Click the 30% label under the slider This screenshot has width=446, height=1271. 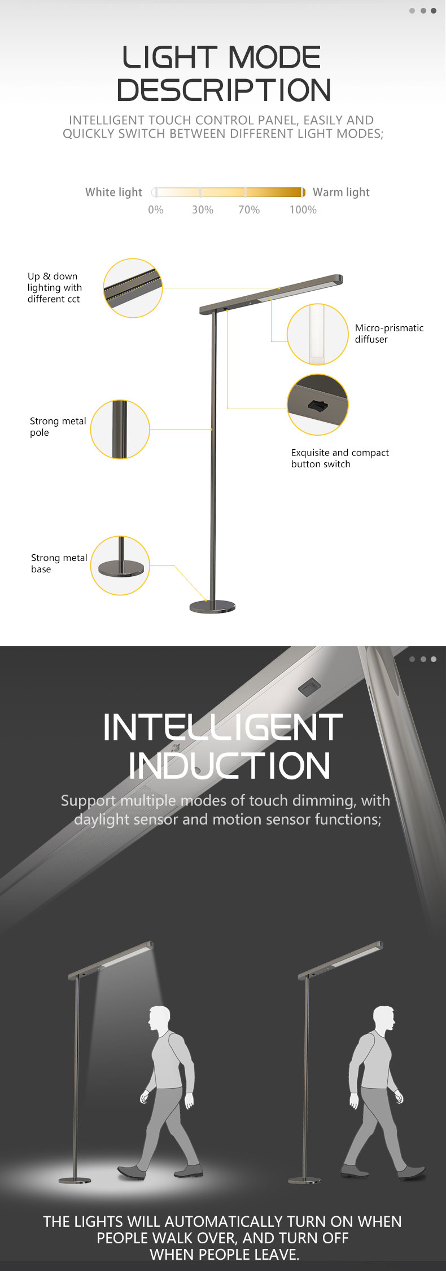pos(203,210)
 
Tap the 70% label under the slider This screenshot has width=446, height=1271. pos(249,210)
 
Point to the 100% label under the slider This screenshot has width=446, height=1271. pos(303,210)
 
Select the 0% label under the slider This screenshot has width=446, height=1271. pos(156,210)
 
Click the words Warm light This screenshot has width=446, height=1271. pos(341,192)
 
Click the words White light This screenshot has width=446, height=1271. pos(113,192)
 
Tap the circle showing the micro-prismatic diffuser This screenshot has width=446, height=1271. pos(317,334)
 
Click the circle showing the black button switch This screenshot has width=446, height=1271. pos(317,405)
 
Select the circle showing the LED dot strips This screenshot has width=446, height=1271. pos(133,288)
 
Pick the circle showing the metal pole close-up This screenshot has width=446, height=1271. pos(120,429)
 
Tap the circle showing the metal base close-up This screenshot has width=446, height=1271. pos(120,566)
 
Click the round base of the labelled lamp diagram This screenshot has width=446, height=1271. pos(212,607)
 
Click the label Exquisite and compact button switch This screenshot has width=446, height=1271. pos(340,458)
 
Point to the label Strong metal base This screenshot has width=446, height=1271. pos(59,563)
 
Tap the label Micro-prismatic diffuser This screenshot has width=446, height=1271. pos(389,334)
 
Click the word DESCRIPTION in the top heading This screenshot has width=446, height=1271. pos(224,90)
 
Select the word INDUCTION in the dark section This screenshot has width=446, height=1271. pos(229,766)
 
